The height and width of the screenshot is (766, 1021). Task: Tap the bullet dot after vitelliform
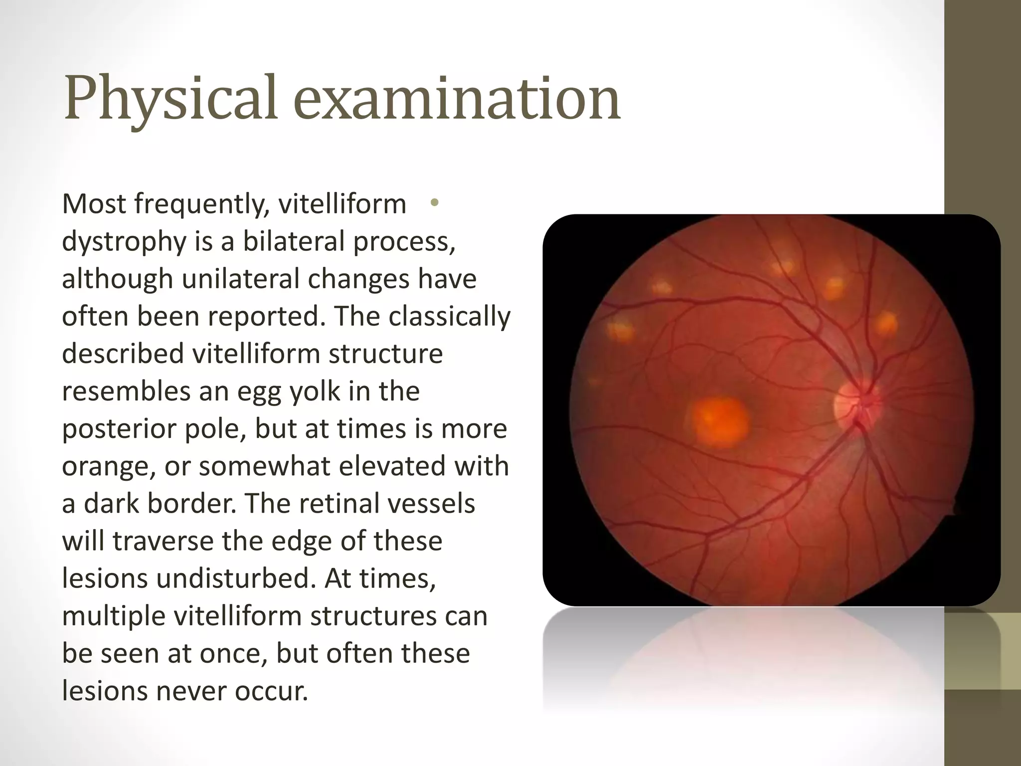(434, 203)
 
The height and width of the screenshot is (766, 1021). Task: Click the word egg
(258, 391)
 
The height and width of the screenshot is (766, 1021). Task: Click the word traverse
(163, 541)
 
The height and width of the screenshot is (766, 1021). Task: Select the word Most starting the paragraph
(93, 204)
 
